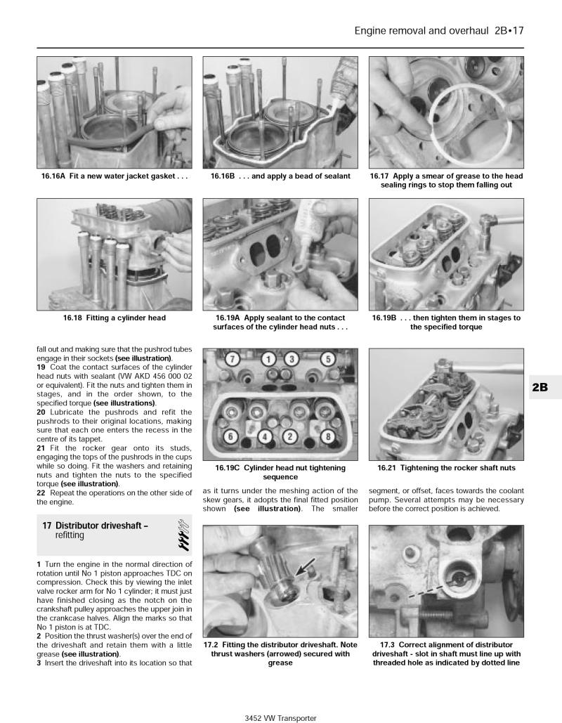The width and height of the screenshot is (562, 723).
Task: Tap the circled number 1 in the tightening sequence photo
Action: coord(267,360)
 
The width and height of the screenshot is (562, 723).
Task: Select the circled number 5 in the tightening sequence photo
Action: coord(327,360)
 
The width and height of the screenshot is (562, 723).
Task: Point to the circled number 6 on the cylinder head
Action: coord(229,436)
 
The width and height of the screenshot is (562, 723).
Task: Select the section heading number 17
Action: coord(47,526)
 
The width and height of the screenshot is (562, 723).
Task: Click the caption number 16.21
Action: coord(388,468)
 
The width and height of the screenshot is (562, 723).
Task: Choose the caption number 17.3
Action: coord(388,644)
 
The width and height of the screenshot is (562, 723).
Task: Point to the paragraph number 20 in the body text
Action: coord(41,412)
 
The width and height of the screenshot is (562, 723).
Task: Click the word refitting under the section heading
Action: coord(70,535)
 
